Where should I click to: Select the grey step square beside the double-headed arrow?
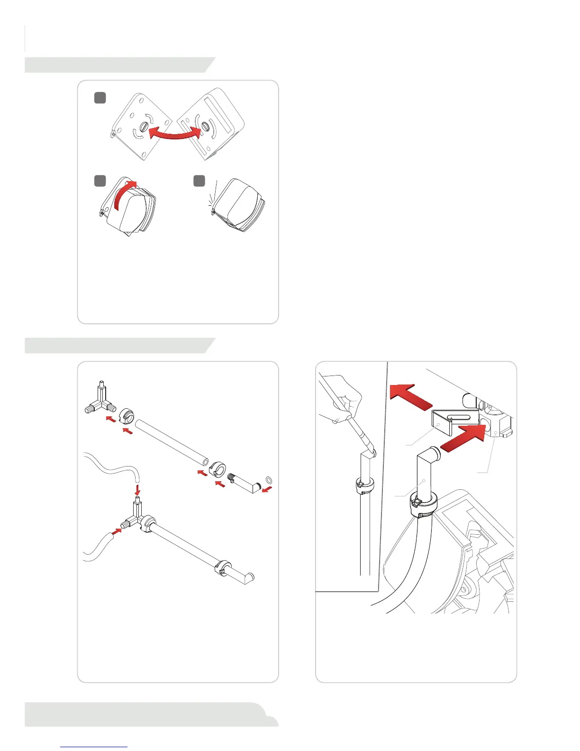100,98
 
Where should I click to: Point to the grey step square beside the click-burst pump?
199,181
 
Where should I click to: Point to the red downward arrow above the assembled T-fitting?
137,488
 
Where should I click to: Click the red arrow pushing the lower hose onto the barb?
116,531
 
